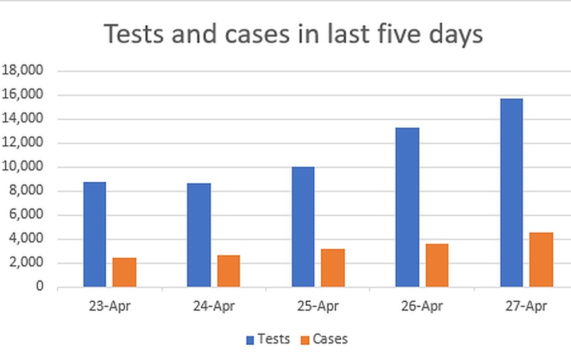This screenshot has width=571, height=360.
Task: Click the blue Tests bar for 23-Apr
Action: click(95, 234)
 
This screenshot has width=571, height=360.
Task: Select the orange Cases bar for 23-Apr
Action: click(124, 272)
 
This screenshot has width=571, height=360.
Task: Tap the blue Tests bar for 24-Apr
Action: click(199, 235)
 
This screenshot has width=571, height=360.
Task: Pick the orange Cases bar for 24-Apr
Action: click(228, 271)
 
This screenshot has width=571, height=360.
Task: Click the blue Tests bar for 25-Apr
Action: click(303, 227)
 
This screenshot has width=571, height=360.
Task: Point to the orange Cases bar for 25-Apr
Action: click(333, 267)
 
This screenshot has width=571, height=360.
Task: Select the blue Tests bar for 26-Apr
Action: click(408, 207)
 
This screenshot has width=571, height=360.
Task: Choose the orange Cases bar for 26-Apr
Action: click(437, 265)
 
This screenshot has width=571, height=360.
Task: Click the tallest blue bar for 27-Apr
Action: click(512, 193)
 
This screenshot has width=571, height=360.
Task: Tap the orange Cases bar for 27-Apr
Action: click(541, 259)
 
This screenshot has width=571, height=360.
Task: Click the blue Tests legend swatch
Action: click(250, 340)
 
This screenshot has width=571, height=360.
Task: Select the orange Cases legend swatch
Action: click(305, 340)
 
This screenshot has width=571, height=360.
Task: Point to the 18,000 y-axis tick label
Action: click(23, 71)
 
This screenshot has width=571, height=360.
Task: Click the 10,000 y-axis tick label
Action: click(23, 167)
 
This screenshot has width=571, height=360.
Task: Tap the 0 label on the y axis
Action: click(39, 287)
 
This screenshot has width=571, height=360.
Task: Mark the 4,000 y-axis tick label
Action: click(26, 239)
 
